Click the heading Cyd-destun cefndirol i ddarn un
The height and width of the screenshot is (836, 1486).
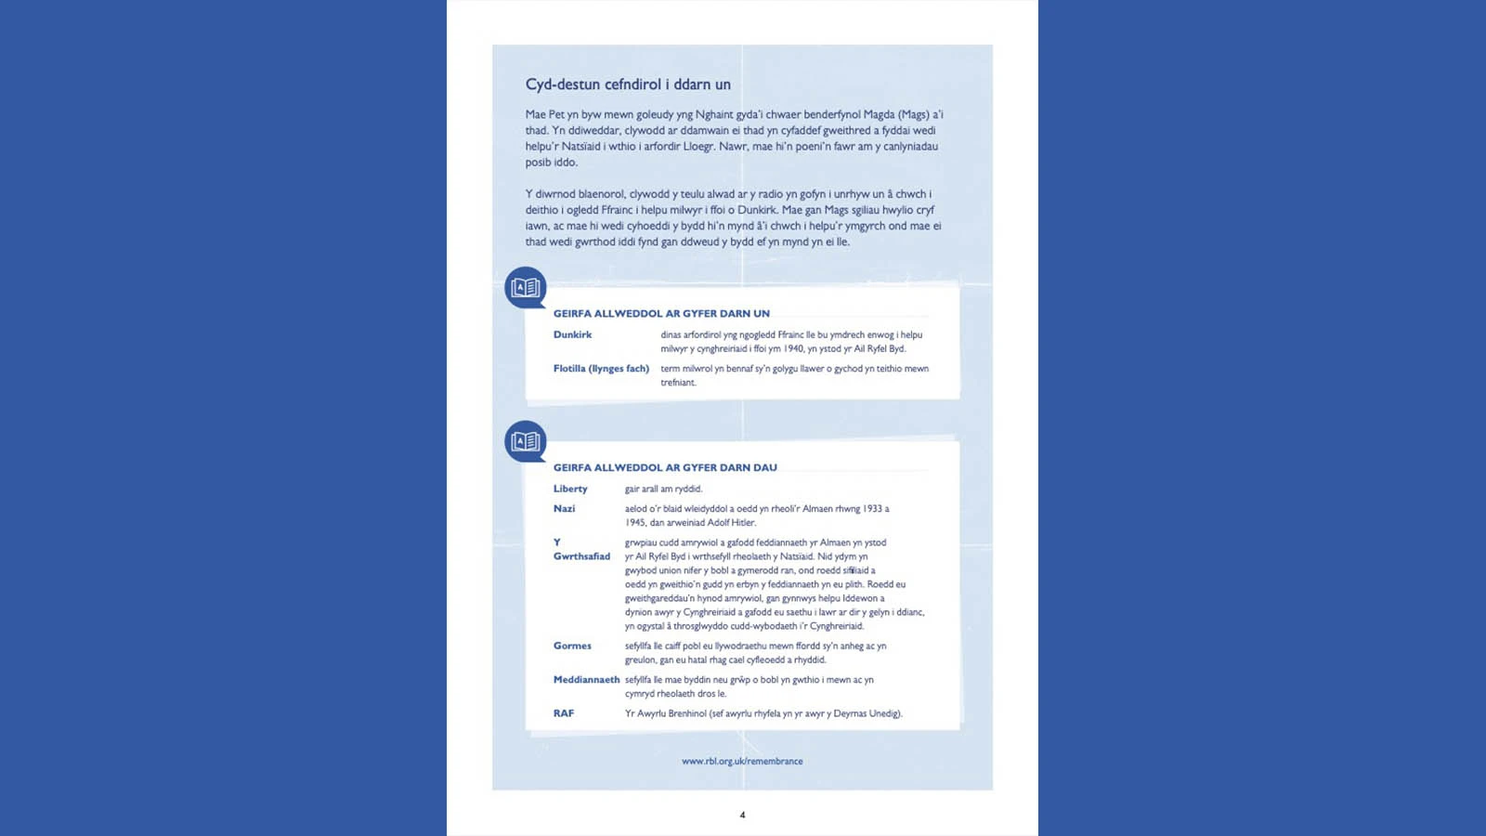click(628, 85)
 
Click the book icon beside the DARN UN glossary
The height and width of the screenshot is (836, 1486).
click(526, 288)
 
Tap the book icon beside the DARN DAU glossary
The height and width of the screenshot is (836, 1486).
click(526, 441)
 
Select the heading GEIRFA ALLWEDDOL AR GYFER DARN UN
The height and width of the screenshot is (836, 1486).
click(661, 314)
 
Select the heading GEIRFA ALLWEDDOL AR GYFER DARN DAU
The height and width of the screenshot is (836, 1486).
click(665, 468)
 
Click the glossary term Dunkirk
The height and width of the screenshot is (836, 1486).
click(572, 335)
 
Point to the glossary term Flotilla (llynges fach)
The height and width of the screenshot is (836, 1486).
click(601, 369)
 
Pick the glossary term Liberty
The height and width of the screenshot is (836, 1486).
click(570, 490)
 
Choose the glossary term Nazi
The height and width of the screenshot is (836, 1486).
click(564, 509)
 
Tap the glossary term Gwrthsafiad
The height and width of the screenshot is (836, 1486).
click(581, 556)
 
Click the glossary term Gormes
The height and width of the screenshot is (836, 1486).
click(572, 647)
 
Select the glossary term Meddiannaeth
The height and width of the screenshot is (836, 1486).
click(586, 680)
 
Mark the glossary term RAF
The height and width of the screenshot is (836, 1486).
click(564, 714)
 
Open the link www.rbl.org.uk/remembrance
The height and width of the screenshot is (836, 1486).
click(742, 762)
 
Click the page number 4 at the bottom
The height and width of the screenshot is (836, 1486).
click(742, 816)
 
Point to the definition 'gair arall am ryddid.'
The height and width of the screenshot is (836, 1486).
click(663, 490)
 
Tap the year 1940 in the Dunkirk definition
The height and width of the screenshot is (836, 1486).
click(792, 349)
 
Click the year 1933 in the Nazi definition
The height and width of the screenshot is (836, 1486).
click(872, 509)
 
